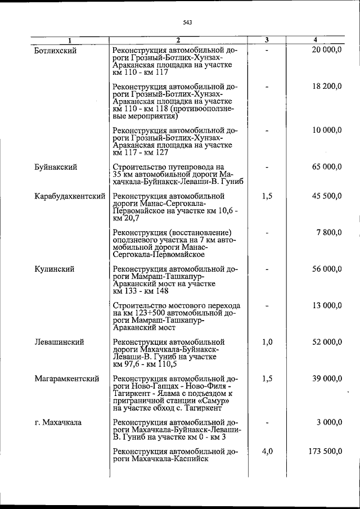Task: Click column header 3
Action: [267, 40]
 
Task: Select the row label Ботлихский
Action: [55, 51]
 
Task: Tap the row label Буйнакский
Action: [55, 167]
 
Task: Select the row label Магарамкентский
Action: [66, 379]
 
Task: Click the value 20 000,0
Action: [326, 51]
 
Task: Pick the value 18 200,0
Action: [326, 87]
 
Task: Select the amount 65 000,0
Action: [326, 167]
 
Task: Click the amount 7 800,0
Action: [328, 232]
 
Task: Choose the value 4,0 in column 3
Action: [267, 451]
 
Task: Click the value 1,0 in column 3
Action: [267, 342]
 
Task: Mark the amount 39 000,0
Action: [326, 379]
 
